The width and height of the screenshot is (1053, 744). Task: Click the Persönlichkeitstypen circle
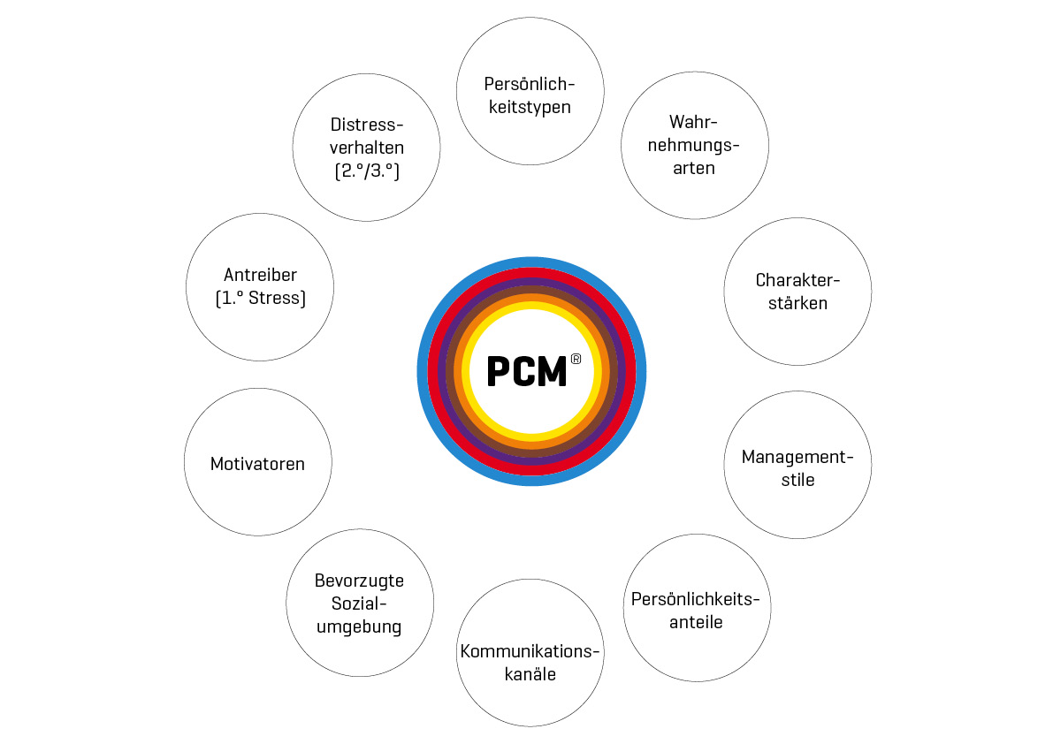pos(530,91)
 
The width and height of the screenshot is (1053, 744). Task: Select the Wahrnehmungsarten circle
pos(695,146)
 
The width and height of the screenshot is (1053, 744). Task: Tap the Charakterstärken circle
pos(797,292)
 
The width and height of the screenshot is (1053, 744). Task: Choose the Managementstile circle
pos(797,465)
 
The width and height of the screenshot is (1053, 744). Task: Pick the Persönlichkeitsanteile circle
pos(697,608)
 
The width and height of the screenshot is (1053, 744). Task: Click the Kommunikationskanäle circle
pos(530,653)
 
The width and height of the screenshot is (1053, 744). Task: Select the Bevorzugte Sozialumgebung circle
pos(360,604)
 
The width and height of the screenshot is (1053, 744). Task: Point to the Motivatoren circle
pos(258,462)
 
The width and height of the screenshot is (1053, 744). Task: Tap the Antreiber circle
pos(260,287)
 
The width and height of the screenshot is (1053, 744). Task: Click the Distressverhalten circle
pos(367,148)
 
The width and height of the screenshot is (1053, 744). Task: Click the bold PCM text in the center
pos(527,372)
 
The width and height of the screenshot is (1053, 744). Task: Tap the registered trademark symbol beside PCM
pos(576,359)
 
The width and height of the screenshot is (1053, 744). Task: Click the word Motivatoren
pos(257,464)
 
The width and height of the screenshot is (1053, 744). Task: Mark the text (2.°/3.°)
pos(367,171)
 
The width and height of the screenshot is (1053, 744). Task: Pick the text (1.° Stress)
pos(261,298)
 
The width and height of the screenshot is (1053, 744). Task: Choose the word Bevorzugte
pos(359,581)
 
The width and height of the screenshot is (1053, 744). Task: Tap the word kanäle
pos(530,674)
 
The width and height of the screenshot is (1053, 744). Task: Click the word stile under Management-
pos(797,480)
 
